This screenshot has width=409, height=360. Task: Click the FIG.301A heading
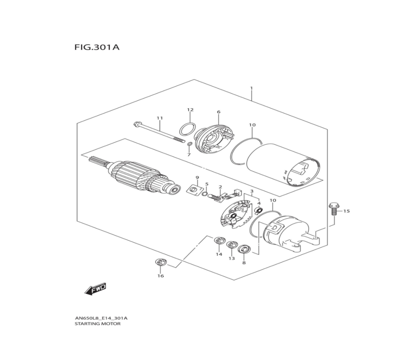97,47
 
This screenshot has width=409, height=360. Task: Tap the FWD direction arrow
96,289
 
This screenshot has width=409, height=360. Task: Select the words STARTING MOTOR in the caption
98,324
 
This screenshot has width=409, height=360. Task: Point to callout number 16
161,276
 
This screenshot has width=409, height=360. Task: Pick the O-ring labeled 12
187,129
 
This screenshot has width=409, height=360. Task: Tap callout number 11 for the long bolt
160,118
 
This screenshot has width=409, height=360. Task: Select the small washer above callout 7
190,144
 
